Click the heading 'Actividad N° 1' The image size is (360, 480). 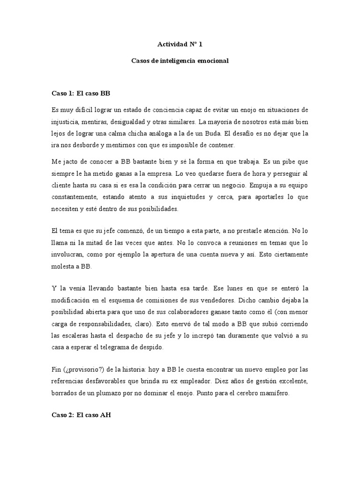180,45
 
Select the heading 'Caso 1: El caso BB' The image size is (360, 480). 81,93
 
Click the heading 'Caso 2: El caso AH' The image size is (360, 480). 81,415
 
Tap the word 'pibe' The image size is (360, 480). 282,162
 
